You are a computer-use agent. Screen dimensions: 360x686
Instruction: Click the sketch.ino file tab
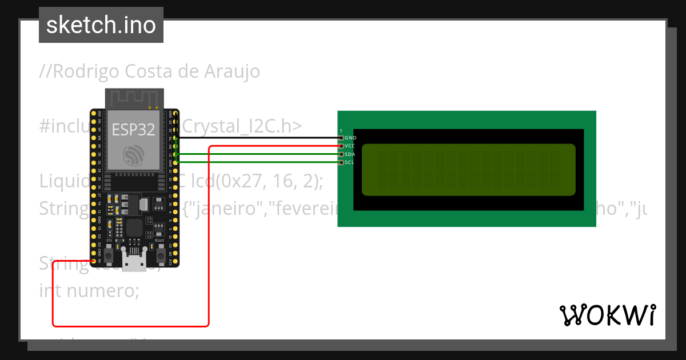click(101, 25)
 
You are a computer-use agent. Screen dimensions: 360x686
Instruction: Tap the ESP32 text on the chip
click(133, 130)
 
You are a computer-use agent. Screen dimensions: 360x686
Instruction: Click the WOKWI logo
click(607, 315)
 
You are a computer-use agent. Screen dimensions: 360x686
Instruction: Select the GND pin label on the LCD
click(350, 138)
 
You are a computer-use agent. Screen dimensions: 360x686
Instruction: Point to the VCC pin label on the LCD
click(350, 146)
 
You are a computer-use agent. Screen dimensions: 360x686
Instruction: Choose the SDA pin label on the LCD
click(350, 154)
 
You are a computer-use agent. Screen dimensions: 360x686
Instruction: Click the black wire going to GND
click(257, 138)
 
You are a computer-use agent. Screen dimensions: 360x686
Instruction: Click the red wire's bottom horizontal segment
click(131, 326)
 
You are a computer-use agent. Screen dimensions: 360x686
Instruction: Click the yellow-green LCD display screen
click(468, 169)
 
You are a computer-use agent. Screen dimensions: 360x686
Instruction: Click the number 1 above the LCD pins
click(341, 131)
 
